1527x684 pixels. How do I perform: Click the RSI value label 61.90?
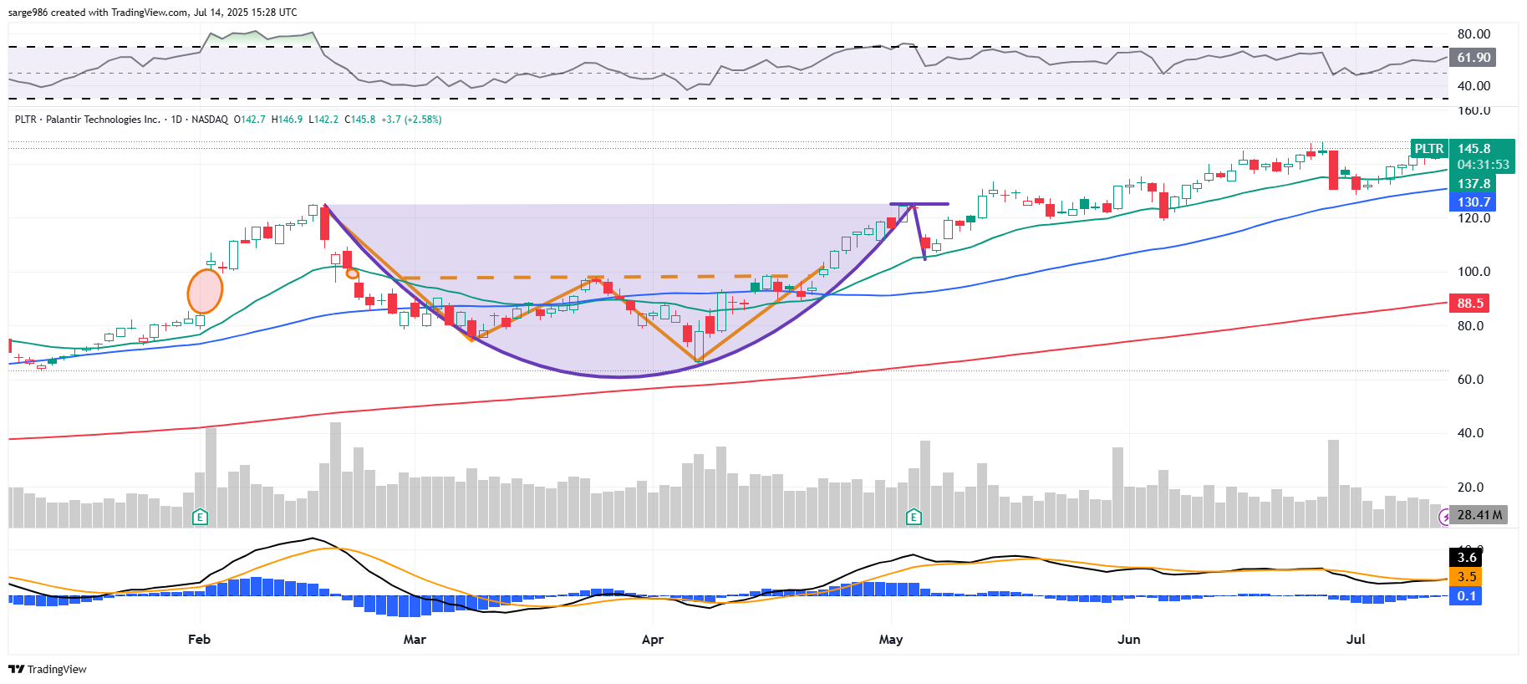click(1473, 58)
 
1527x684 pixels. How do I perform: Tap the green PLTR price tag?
click(1428, 149)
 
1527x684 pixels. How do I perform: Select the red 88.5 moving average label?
click(1469, 304)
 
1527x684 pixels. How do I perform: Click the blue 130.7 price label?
click(1473, 202)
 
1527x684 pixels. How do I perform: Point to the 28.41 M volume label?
click(1479, 515)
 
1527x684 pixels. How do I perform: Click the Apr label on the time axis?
click(652, 640)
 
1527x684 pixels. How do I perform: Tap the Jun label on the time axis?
click(1128, 640)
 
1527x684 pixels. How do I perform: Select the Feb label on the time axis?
click(199, 640)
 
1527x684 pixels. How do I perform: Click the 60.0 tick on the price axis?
click(1474, 380)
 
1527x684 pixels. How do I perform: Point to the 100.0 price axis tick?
click(1474, 272)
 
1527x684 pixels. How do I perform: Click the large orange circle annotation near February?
click(205, 291)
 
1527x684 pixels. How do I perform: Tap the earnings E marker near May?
click(914, 517)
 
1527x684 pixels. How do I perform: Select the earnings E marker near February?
click(200, 517)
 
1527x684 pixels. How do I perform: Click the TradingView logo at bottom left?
click(48, 669)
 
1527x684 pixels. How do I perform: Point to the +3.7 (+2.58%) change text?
click(411, 120)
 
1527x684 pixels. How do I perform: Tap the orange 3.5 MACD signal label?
click(1466, 577)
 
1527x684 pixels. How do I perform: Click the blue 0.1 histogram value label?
click(1466, 596)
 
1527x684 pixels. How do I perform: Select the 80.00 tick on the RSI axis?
click(1474, 34)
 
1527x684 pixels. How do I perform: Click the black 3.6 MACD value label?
click(1466, 558)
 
